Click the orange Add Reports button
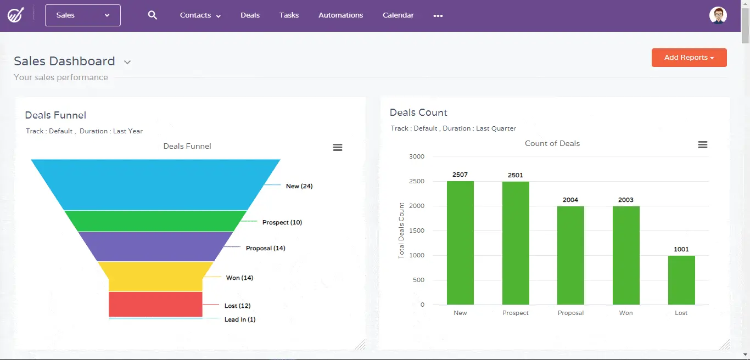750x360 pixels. pyautogui.click(x=689, y=58)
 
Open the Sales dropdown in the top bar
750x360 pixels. pyautogui.click(x=83, y=15)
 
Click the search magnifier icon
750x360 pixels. pyautogui.click(x=153, y=15)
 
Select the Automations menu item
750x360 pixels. pyautogui.click(x=340, y=15)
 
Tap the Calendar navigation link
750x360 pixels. pyautogui.click(x=398, y=15)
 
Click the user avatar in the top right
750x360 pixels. pyautogui.click(x=718, y=15)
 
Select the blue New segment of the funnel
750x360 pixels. pyautogui.click(x=155, y=184)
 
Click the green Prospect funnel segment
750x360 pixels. pyautogui.click(x=155, y=221)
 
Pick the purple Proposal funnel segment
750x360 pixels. pyautogui.click(x=155, y=246)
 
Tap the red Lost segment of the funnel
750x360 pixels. pyautogui.click(x=155, y=304)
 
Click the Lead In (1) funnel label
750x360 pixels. pyautogui.click(x=239, y=319)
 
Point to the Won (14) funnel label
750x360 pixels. pyautogui.click(x=239, y=278)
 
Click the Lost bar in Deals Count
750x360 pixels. pyautogui.click(x=681, y=280)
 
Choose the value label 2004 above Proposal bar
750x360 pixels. pyautogui.click(x=570, y=200)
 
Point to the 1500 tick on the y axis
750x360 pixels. pyautogui.click(x=417, y=230)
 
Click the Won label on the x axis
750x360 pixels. pyautogui.click(x=626, y=313)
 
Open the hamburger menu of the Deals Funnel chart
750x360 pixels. pyautogui.click(x=338, y=147)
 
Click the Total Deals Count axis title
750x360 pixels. pyautogui.click(x=401, y=230)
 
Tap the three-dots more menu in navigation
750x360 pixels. pyautogui.click(x=438, y=16)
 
